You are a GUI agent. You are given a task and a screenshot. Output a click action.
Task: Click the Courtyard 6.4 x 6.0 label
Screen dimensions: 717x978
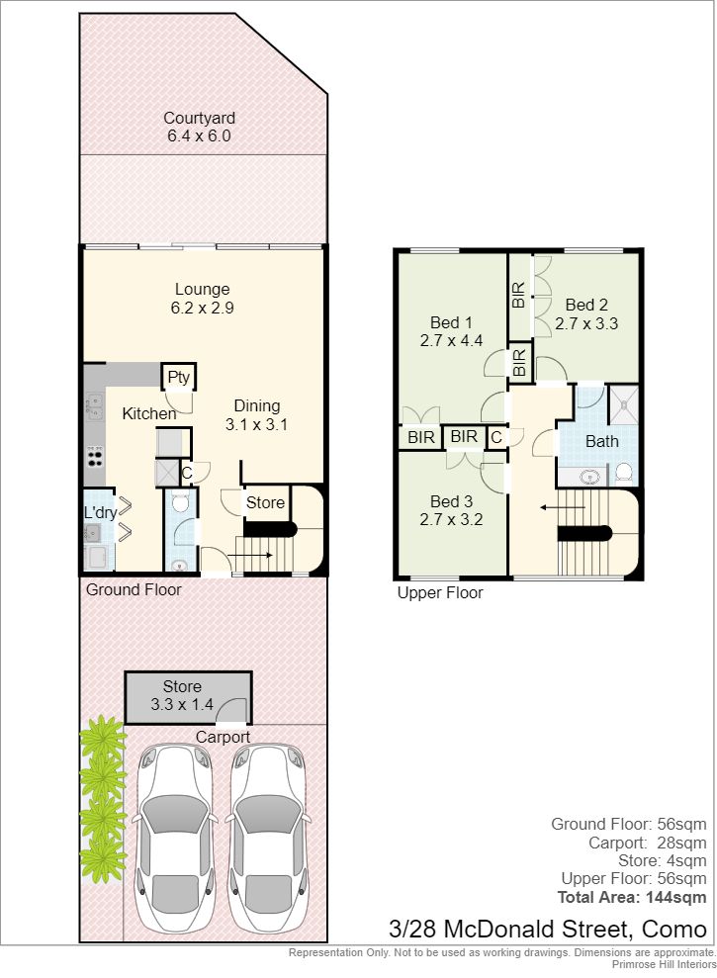point(199,127)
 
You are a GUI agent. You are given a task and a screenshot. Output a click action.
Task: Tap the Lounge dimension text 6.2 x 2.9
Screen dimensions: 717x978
point(202,308)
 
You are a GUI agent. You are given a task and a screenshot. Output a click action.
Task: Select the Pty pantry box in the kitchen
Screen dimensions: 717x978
point(178,377)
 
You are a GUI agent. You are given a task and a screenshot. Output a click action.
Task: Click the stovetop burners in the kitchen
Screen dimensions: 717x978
point(95,455)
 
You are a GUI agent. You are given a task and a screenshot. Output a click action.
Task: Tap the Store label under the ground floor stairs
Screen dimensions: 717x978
point(265,502)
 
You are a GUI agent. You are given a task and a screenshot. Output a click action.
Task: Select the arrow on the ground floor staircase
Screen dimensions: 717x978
point(249,555)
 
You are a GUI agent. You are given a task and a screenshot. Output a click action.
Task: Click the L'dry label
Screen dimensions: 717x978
point(101,512)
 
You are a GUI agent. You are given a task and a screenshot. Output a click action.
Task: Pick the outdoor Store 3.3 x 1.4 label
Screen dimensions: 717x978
point(182,695)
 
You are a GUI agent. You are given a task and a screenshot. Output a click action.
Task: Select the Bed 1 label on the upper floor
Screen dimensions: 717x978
point(451,322)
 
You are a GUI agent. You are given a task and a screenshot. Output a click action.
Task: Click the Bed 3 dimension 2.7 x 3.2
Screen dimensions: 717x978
point(451,519)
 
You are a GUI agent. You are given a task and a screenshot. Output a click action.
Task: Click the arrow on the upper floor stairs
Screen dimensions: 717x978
point(563,507)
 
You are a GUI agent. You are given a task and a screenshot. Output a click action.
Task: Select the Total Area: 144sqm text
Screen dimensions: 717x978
point(632,898)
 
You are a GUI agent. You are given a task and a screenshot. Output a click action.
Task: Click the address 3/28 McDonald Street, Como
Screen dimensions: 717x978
point(547,930)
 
